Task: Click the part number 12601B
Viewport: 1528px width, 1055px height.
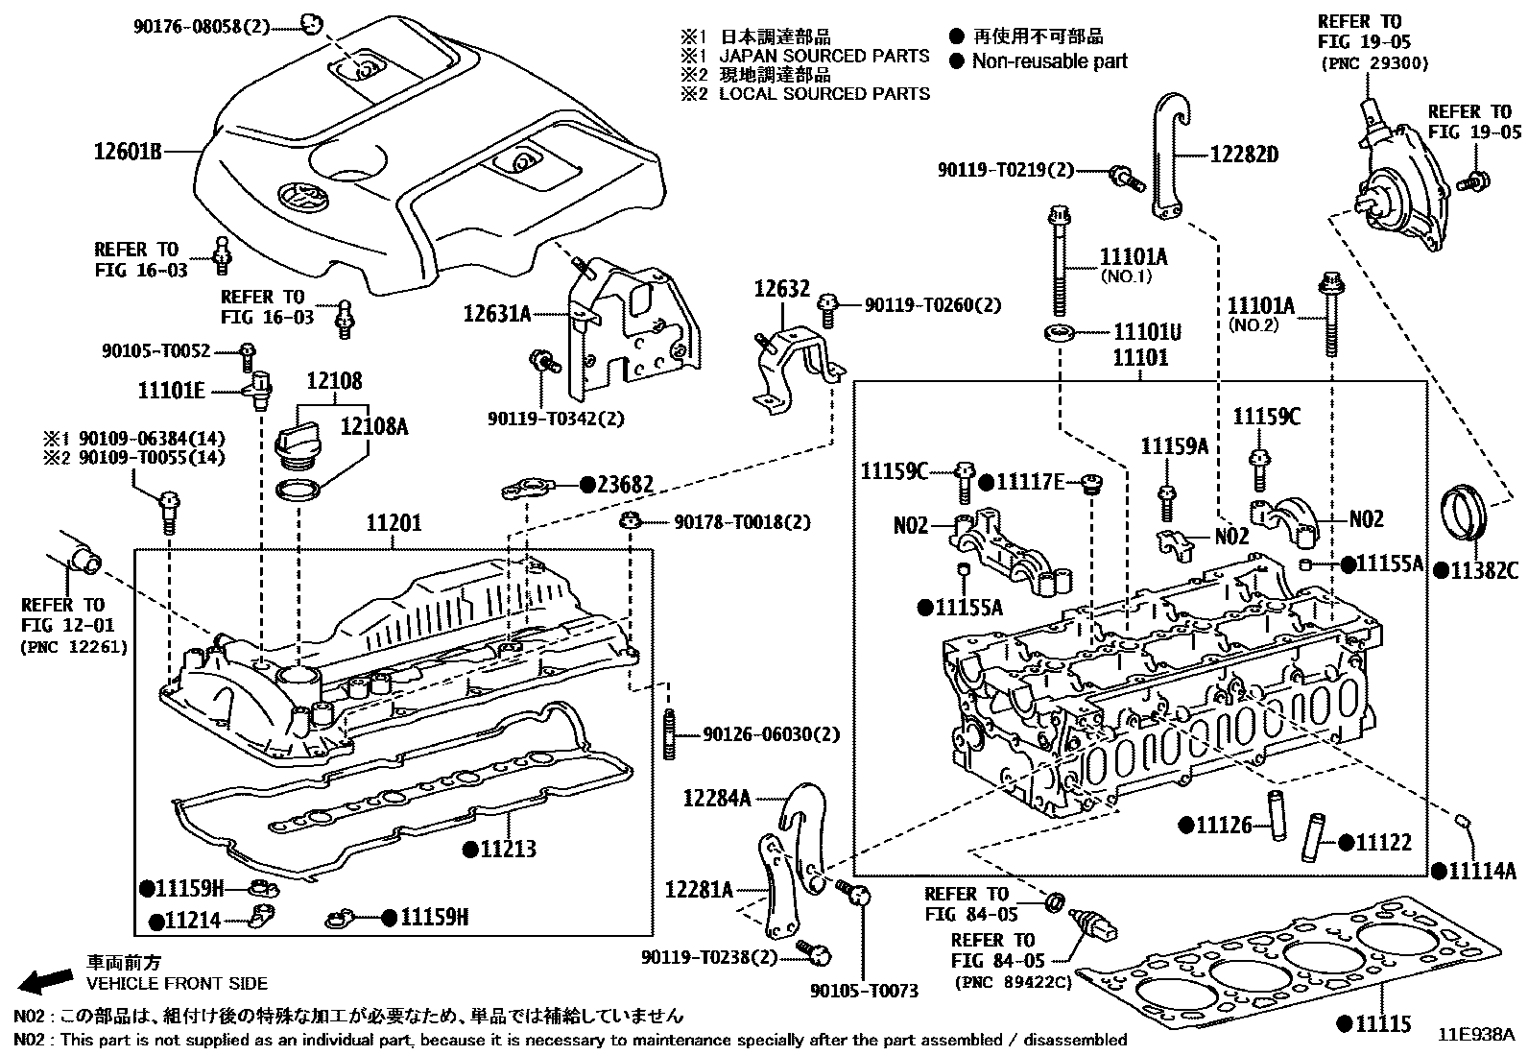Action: pos(127,151)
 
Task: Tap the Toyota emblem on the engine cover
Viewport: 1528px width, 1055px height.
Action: pos(299,201)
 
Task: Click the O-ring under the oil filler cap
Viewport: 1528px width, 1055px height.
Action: pos(298,491)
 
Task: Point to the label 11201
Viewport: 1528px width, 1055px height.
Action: pos(393,524)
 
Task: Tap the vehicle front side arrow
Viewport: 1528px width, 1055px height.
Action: pos(47,980)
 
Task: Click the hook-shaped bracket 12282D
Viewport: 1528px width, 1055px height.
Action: pos(1169,154)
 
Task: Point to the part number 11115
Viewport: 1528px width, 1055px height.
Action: pos(1383,1023)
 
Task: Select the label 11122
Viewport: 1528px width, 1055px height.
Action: pos(1383,843)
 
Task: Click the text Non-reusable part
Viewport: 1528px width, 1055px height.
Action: pos(1049,61)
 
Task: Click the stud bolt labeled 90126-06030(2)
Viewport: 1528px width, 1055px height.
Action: pos(669,734)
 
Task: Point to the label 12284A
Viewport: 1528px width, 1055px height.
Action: pos(717,797)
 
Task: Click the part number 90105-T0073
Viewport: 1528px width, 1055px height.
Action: pos(864,990)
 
